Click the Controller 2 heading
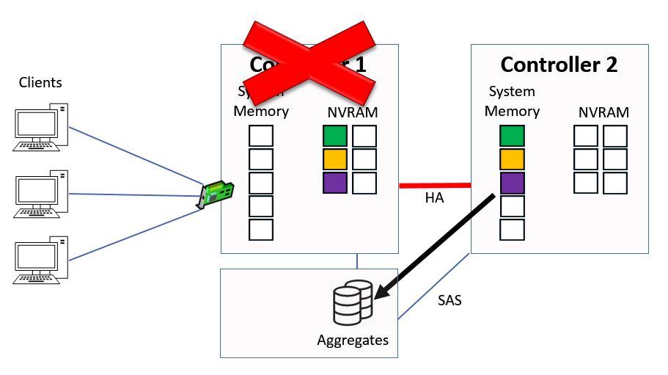[x=559, y=65]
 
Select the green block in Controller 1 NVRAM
[x=334, y=136]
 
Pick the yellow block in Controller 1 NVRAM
[x=334, y=159]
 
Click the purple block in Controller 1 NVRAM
[x=334, y=182]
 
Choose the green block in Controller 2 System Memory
[x=512, y=136]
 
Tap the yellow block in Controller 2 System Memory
[x=512, y=159]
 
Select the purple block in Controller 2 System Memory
[x=512, y=183]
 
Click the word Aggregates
[x=353, y=341]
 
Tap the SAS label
[x=449, y=300]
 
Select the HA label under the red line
[x=434, y=198]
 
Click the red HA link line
[x=435, y=185]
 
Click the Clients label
[x=40, y=82]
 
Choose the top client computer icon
[x=41, y=127]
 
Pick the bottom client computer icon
[x=41, y=260]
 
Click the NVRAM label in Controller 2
[x=603, y=112]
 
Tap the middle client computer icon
[x=41, y=194]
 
